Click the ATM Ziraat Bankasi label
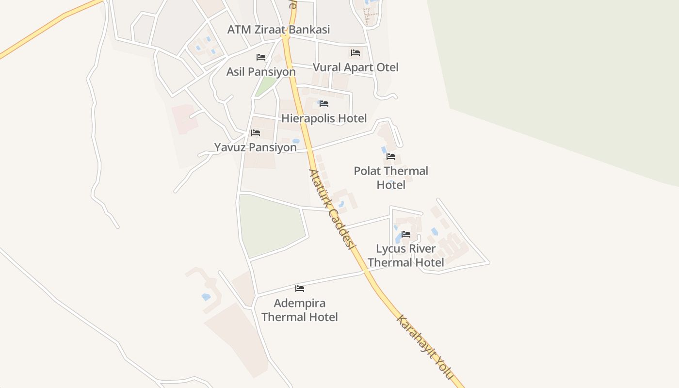coord(278,29)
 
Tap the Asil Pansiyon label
coord(261,72)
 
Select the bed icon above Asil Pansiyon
coord(261,57)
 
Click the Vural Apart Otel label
coord(356,67)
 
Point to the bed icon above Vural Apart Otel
coord(356,53)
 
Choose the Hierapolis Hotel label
coord(324,118)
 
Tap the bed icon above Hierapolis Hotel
coord(324,104)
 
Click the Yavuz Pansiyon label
coord(255,147)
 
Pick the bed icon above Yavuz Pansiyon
coord(256,133)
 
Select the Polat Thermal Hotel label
coord(391,178)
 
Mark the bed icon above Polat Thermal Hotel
coord(391,157)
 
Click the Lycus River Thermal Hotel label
coord(405,256)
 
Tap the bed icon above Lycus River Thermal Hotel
coord(406,234)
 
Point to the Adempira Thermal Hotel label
coord(299,310)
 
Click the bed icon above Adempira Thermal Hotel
coord(300,289)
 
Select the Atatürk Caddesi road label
coord(329,208)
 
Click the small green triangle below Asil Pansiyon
coord(265,86)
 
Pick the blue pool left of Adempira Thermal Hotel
coord(206,297)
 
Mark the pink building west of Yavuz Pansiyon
coord(185,118)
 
